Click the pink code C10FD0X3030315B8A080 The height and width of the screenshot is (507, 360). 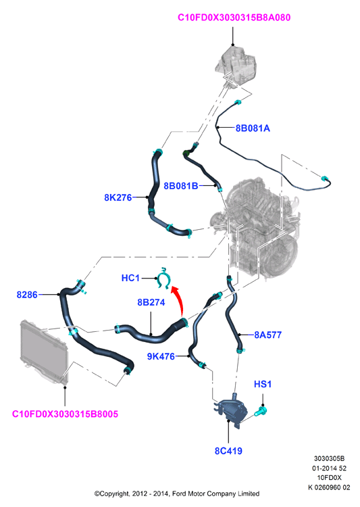tap(234, 18)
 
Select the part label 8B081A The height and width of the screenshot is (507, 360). tap(253, 128)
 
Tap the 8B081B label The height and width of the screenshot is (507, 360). tap(180, 186)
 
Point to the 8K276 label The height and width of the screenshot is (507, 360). tap(118, 197)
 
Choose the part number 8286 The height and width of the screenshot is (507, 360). tap(27, 295)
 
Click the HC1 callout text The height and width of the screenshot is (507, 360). tap(130, 278)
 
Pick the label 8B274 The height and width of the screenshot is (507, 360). tap(151, 302)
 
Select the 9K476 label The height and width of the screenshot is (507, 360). tap(161, 356)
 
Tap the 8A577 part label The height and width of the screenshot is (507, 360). tap(268, 335)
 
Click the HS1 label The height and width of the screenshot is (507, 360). tap(263, 384)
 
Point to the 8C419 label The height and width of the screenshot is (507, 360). tap(228, 451)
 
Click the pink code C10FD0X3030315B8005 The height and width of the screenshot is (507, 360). tap(65, 414)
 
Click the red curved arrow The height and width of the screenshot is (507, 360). tap(180, 299)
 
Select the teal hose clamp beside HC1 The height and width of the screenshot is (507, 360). tap(163, 278)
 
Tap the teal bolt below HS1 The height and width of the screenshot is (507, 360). tap(260, 412)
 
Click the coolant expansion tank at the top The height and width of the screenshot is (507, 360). tap(236, 67)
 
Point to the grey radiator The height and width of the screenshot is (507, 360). tap(43, 351)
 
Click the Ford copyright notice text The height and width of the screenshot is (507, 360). tap(177, 493)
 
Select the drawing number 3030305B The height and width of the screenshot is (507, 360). tap(330, 458)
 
